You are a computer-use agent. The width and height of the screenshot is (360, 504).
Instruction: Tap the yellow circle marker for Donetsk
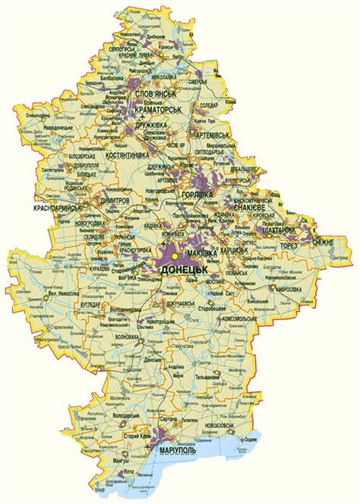[x=174, y=258]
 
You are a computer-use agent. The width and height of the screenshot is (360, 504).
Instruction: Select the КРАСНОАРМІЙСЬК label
[x=57, y=207]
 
